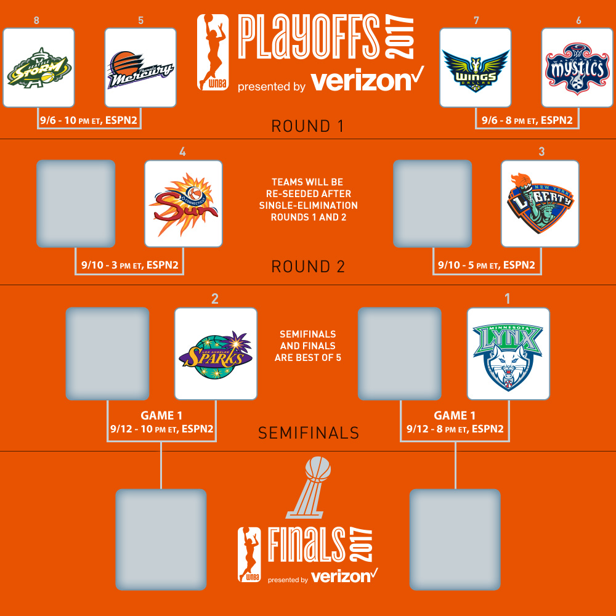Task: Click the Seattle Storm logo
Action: (x=39, y=68)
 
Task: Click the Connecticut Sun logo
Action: (x=184, y=204)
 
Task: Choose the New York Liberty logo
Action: (x=540, y=203)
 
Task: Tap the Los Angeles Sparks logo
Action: (x=216, y=354)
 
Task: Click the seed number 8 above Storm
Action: (x=36, y=20)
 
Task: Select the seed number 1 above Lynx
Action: (x=508, y=299)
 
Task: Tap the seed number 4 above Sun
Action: (x=183, y=152)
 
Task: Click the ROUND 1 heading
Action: (x=307, y=126)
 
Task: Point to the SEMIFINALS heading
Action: (x=309, y=433)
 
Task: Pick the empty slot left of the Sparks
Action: (x=107, y=354)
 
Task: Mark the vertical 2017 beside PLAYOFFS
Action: (x=399, y=36)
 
